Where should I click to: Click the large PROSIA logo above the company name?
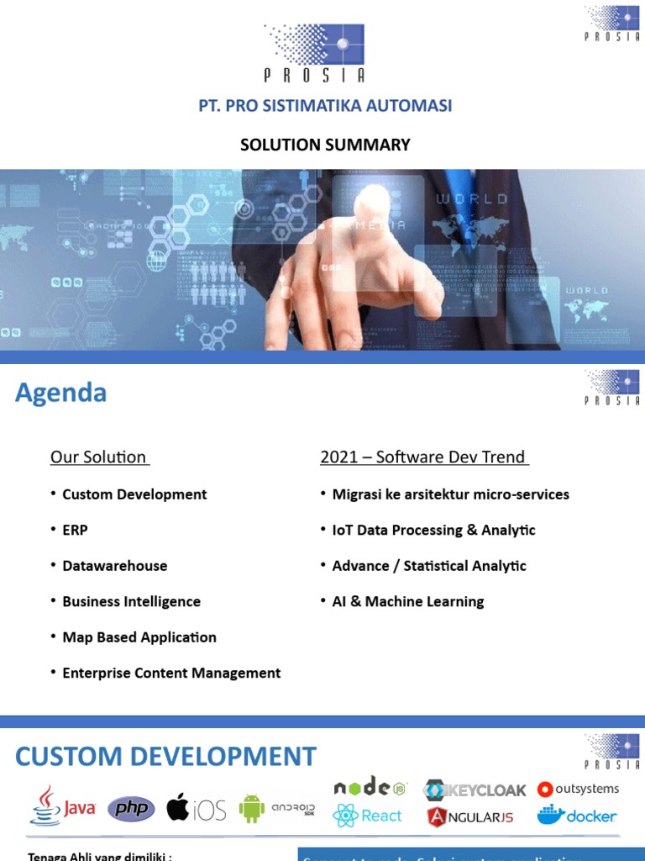point(315,51)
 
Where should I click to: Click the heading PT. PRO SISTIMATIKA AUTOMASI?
point(325,106)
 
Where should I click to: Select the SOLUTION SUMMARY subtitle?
point(325,145)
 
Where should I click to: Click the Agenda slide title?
point(60,393)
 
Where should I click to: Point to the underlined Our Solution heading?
point(99,457)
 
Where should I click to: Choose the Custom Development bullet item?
point(134,494)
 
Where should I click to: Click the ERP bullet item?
point(75,530)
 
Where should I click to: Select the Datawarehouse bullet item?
point(114,566)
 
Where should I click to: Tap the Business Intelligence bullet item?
point(131,601)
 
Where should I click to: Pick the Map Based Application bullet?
point(139,637)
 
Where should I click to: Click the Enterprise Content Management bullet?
point(171,673)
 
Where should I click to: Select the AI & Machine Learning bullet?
point(408,601)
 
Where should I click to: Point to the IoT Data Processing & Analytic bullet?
point(433,530)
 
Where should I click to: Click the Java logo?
point(64,807)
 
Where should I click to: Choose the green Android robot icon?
point(251,809)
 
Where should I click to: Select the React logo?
point(368,816)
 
